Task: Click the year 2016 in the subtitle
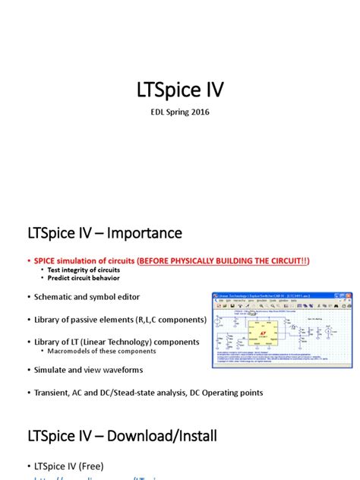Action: (198, 112)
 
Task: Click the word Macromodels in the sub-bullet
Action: (64, 351)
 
